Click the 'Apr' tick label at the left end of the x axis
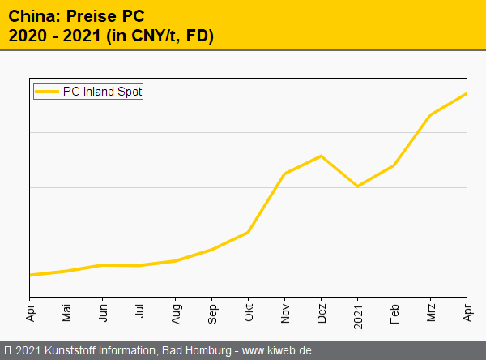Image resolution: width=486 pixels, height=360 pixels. point(31,311)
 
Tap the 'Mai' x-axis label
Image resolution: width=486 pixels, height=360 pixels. point(67,311)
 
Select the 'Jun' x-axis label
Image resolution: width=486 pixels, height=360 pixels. point(104,311)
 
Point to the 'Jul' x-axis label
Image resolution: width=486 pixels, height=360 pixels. point(140,311)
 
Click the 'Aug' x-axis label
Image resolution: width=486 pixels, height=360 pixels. point(177,311)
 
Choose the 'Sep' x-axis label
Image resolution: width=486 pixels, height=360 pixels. point(213,311)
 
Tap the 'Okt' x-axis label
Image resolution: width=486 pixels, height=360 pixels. point(249,311)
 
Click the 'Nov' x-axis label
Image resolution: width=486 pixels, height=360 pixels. point(286,311)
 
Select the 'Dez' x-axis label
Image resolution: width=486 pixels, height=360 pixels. point(322,311)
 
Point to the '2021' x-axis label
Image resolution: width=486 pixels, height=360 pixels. point(359,313)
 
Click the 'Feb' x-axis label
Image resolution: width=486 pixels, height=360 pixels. point(395,311)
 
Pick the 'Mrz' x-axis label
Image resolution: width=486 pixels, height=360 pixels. point(432,311)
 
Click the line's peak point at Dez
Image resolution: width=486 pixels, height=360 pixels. point(322,156)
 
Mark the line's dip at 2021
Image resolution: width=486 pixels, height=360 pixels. point(358,186)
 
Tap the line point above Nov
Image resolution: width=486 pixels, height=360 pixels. point(285,174)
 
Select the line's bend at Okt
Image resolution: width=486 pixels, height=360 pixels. point(249,232)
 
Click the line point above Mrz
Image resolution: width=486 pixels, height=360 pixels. point(431,114)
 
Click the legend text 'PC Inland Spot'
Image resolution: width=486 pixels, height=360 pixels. point(102,92)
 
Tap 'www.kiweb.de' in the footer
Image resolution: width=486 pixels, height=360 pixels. point(277,350)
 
